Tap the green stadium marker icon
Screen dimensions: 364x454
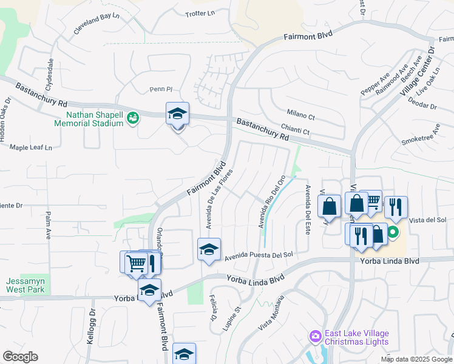[132, 119]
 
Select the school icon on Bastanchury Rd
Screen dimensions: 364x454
[177, 113]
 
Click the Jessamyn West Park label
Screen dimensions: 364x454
[25, 285]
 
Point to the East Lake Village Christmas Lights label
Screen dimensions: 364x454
[356, 337]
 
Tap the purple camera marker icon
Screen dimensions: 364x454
[314, 336]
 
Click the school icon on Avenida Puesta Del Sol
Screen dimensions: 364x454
[209, 249]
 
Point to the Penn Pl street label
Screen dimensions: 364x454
[161, 90]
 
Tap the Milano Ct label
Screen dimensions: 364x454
[302, 116]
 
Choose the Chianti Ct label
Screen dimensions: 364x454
[296, 130]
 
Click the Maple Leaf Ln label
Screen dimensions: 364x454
[31, 147]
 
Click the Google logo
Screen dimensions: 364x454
[20, 357]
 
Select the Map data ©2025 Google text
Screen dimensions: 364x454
[415, 359]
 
